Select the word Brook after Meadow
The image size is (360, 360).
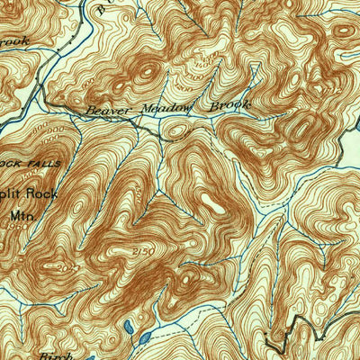tap(229, 105)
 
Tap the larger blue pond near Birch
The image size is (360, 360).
tap(144, 337)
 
